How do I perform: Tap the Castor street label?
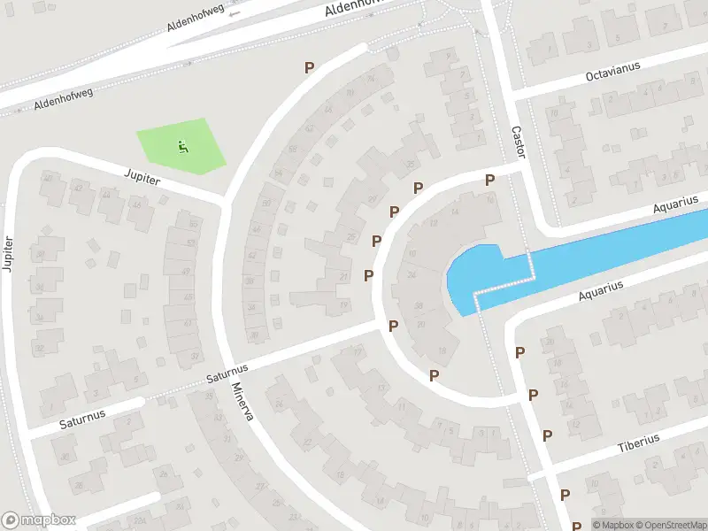[518, 142]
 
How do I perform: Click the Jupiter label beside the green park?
[142, 178]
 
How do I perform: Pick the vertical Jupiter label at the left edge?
[9, 253]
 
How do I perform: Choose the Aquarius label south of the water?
[602, 290]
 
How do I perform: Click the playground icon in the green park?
[183, 146]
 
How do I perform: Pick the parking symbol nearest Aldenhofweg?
[310, 67]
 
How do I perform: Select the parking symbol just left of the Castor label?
[489, 180]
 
